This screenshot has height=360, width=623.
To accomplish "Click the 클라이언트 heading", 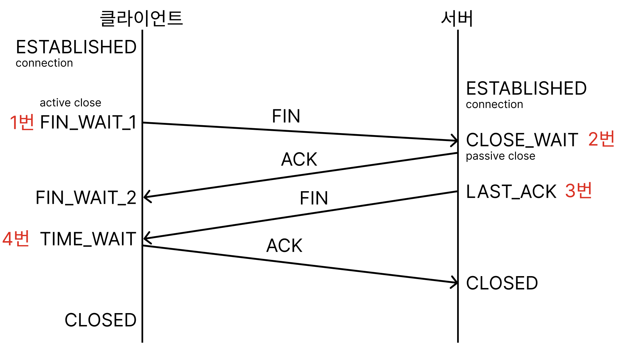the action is click(x=141, y=18).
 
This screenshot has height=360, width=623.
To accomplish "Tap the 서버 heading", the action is click(x=457, y=18).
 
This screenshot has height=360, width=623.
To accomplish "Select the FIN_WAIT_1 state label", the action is click(x=88, y=122).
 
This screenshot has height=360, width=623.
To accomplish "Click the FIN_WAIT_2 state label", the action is click(x=86, y=198).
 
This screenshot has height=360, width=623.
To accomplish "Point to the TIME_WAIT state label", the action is click(x=88, y=239).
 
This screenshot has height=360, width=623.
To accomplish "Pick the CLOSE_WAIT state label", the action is click(x=522, y=140).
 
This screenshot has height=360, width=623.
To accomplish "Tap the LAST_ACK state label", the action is click(x=511, y=192).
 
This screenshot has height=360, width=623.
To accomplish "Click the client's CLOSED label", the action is click(x=100, y=320).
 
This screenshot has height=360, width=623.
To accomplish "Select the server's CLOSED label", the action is click(x=502, y=283).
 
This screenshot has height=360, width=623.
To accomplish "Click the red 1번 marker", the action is click(x=22, y=122).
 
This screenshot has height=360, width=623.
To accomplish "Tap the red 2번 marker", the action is click(x=601, y=139).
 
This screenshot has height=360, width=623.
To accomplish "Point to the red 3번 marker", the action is click(x=578, y=191).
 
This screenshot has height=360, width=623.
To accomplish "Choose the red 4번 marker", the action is click(x=16, y=238).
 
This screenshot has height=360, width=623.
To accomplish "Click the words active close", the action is click(x=70, y=103).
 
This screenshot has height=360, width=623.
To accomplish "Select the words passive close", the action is click(x=500, y=156).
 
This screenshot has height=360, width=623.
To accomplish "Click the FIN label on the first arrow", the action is click(x=286, y=116).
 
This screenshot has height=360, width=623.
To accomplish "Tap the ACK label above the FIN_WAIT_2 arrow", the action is click(x=299, y=159).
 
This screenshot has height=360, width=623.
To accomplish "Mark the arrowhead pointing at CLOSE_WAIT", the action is click(x=455, y=141).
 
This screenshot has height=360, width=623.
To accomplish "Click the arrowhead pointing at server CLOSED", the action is click(x=455, y=282).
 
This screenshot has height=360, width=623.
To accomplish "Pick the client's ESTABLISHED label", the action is click(x=76, y=47).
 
